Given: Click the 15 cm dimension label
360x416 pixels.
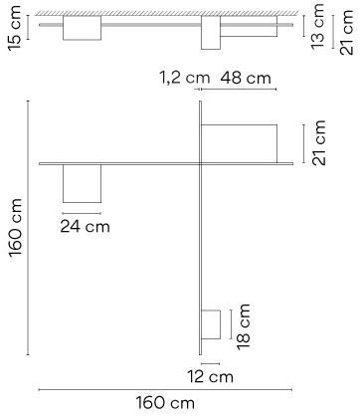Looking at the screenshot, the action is point(15,28).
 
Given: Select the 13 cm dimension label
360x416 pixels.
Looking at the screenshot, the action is point(317,26).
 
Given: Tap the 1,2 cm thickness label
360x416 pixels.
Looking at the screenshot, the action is point(185,78).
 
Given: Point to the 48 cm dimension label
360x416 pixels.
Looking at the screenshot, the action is point(246,78).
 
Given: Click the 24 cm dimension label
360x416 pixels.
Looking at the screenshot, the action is point(85,227).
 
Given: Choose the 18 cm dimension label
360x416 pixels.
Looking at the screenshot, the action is point(243,326).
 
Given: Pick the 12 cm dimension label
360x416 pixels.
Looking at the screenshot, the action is point(210,377).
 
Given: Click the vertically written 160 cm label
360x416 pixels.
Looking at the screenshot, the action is point(15,228).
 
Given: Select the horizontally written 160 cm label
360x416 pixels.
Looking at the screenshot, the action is point(165,403).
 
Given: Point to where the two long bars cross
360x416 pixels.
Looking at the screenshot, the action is point(200,163).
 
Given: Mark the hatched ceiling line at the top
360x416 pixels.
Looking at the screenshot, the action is point(166,13).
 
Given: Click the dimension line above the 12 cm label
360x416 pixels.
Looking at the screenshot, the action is point(210,364).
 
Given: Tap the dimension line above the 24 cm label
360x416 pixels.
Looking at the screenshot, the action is point(82,213).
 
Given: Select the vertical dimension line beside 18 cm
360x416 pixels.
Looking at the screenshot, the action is point(231,324).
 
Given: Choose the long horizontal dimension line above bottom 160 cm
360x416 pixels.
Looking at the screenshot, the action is point(165,390).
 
